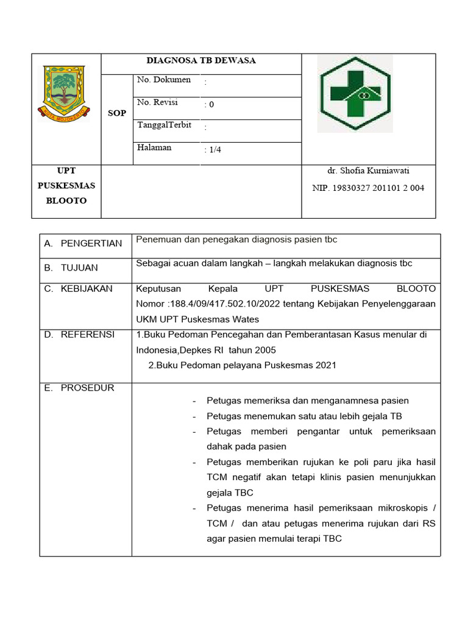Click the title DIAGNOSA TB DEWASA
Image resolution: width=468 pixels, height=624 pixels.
point(201,60)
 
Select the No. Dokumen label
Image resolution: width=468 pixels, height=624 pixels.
point(164,80)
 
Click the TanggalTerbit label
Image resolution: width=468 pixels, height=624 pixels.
point(165,125)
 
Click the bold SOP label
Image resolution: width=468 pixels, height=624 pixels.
point(116,113)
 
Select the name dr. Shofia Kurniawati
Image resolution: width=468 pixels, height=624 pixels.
point(368,171)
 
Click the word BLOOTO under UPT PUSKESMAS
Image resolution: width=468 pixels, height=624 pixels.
point(66,200)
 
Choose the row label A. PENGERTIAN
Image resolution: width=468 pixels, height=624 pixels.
point(83,243)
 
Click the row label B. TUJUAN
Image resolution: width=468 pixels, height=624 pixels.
point(71,268)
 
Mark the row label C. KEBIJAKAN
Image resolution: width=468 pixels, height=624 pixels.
point(79,289)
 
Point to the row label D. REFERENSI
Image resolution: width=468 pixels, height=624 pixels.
point(79,335)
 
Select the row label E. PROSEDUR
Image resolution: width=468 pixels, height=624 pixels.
point(79,388)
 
